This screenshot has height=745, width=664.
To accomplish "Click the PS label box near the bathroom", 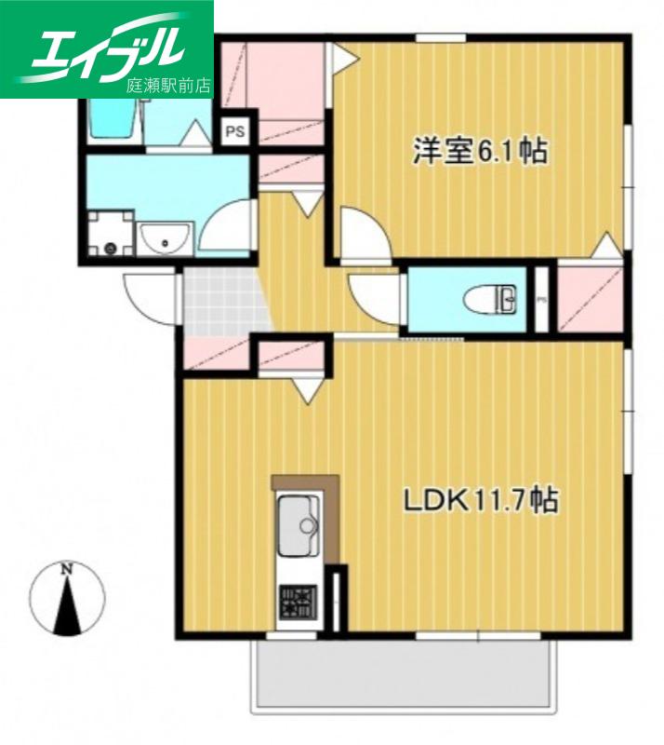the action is pos(235,130).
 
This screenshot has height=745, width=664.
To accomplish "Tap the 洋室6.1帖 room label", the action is pos(480,151).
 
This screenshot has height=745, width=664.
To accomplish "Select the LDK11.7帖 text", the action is pos(480,500).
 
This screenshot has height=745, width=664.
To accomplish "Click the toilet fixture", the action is pos(489,299).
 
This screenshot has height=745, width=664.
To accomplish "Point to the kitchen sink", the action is pos(299,525).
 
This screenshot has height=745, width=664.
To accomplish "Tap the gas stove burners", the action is pos(299,602).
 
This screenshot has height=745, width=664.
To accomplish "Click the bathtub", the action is pos(112,119).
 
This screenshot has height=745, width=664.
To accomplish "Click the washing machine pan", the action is pos(111,234).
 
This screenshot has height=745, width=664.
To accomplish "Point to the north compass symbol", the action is pos(67,599).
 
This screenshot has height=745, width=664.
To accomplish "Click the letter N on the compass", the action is pos(67,568).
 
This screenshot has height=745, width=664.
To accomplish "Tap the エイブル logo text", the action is pos(108,48).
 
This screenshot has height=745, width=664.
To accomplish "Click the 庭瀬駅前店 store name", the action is pos(167,85).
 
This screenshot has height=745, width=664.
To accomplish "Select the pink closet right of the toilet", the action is pos(590,299).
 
